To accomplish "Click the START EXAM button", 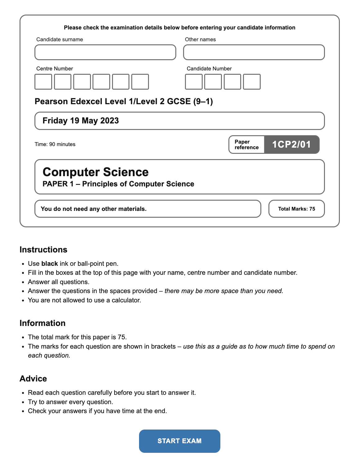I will [x=179, y=441].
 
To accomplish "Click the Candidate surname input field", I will [x=105, y=52].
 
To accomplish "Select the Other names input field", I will [x=254, y=52].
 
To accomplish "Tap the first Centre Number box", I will [x=43, y=82].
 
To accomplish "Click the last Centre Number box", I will [x=140, y=82].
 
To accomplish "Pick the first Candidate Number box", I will [x=194, y=82].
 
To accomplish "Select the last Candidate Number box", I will [x=252, y=82].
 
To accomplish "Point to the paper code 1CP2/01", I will [x=291, y=144].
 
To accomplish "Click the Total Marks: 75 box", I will [x=296, y=209].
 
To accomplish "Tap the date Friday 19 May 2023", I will [x=81, y=121].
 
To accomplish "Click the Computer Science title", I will [x=96, y=172].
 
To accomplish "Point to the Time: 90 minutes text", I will [x=55, y=144].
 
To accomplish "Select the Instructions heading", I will [x=43, y=250].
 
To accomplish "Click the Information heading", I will [x=43, y=323].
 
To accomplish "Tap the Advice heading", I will [x=33, y=379].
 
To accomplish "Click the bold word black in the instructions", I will [x=50, y=264].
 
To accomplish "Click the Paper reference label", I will [x=246, y=145].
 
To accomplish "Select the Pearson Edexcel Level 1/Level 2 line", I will [x=124, y=101].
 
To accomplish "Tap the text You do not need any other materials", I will [x=93, y=209].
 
